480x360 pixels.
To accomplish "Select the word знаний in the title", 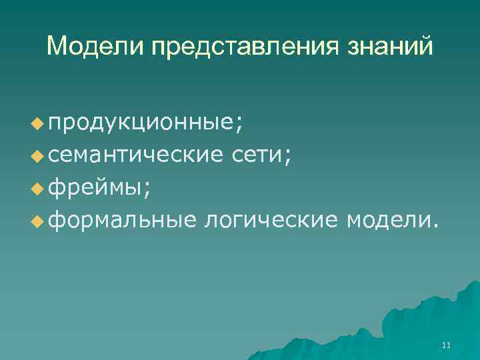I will coord(388,47).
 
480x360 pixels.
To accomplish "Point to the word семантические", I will coord(135,155).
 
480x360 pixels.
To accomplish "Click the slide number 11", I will coord(446,345).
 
